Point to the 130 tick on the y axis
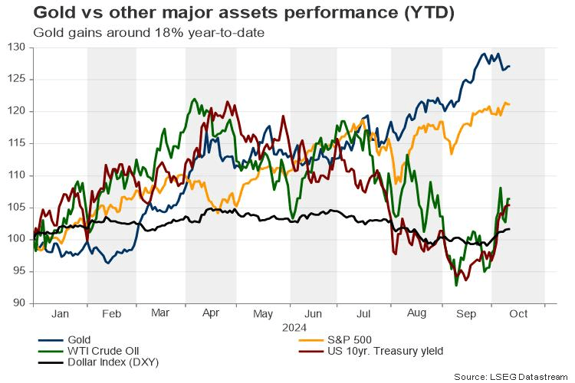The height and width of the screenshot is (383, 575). (18, 47)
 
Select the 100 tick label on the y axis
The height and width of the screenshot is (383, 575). (18, 239)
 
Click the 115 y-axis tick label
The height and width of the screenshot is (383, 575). (18, 143)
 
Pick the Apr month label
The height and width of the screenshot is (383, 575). (212, 315)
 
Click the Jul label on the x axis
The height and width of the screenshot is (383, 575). (365, 315)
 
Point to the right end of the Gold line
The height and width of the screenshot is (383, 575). (510, 67)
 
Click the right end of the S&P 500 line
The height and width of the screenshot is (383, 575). (510, 104)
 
